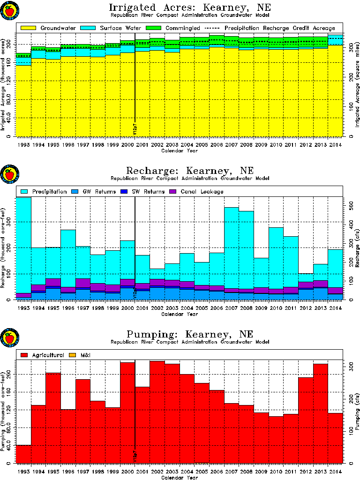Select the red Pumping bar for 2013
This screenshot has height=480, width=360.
click(320, 412)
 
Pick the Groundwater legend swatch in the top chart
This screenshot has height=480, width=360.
click(28, 28)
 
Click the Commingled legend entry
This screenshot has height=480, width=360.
click(180, 28)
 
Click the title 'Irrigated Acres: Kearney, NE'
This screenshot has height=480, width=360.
click(189, 8)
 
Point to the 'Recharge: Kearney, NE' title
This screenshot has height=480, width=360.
click(189, 171)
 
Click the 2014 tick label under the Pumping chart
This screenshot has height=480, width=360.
click(335, 472)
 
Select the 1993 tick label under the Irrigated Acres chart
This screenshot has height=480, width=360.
click(23, 145)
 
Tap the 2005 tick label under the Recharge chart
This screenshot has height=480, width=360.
click(202, 308)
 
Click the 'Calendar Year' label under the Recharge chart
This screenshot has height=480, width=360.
click(180, 314)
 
